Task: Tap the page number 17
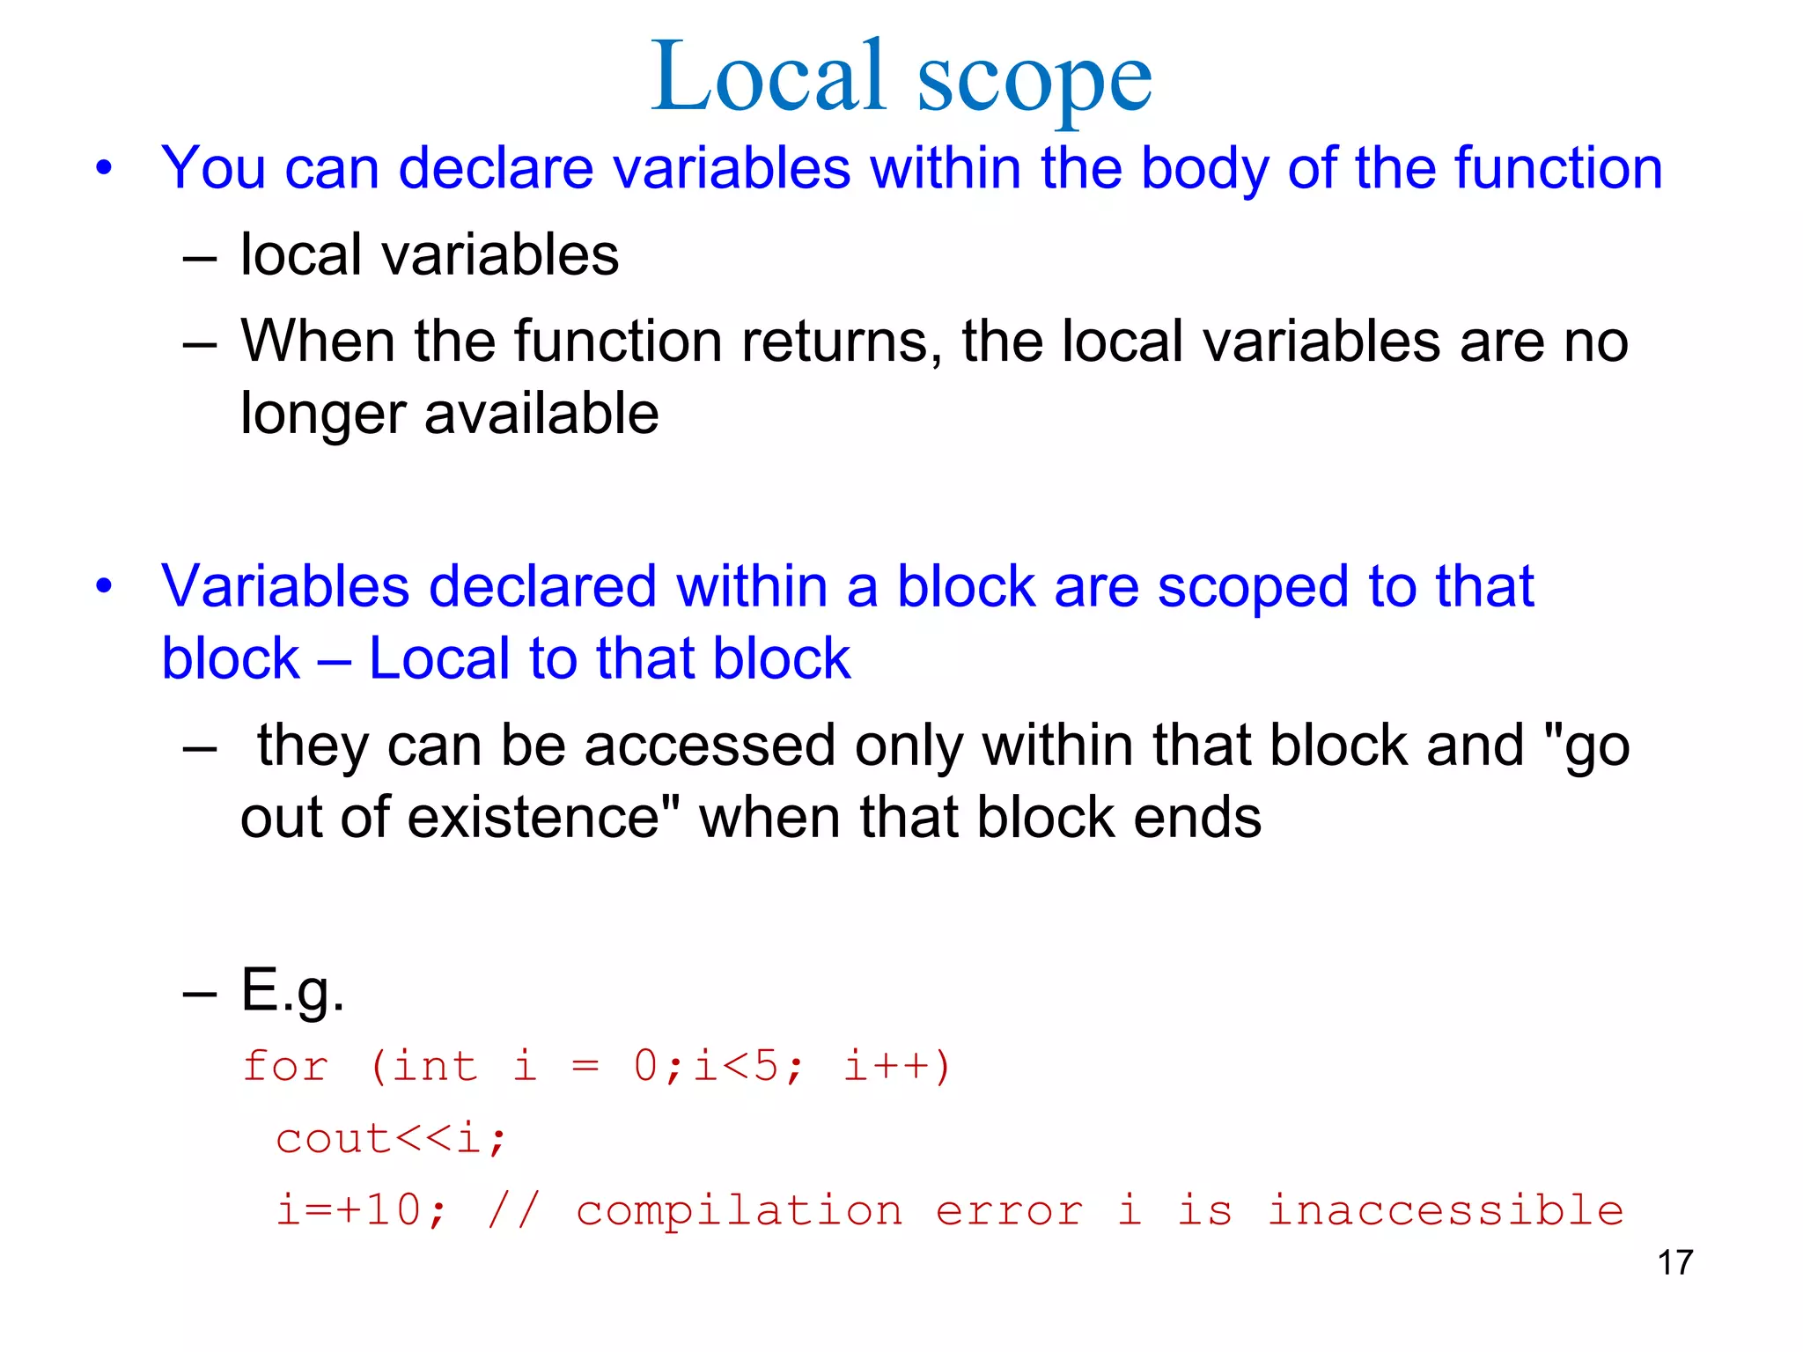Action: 1674,1262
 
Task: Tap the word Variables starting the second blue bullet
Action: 285,586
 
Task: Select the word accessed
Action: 709,746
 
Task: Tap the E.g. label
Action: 292,991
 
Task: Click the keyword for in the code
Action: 285,1066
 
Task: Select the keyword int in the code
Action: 434,1066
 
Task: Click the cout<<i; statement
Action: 391,1139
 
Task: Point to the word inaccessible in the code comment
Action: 1445,1211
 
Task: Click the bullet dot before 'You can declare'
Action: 105,167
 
